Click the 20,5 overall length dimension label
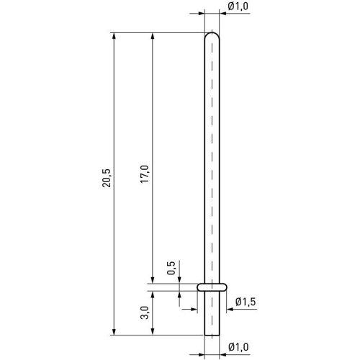(106, 178)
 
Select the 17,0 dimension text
(145, 174)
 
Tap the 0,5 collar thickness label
(171, 268)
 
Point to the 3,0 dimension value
(145, 312)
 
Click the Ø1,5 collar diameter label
(246, 302)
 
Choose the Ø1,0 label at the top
(238, 6)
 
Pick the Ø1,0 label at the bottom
(238, 347)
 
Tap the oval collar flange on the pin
(212, 287)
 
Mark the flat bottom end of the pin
(212, 335)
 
